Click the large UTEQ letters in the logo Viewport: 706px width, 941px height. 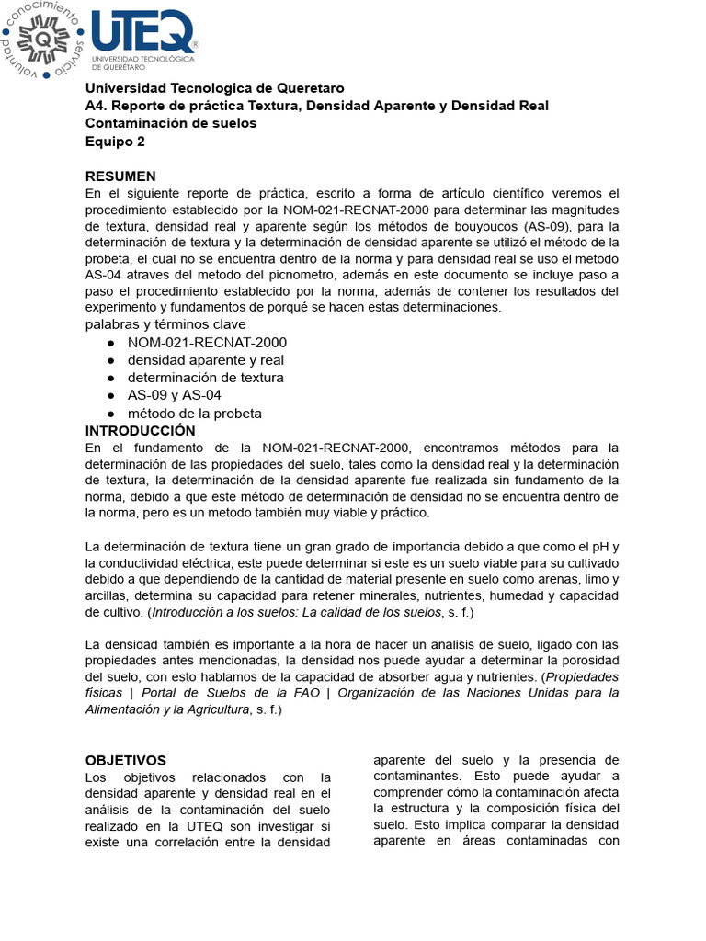143,34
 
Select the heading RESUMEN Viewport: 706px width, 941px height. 120,176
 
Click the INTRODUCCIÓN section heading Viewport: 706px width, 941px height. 141,430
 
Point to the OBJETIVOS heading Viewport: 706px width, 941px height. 126,760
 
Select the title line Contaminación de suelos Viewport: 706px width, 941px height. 171,123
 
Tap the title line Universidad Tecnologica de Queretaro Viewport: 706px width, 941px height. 215,88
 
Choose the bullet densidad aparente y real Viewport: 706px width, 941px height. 206,359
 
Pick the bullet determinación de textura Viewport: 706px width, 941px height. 205,377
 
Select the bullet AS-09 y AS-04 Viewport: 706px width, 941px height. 175,394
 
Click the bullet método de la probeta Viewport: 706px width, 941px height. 194,413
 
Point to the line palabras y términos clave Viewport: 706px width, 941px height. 165,323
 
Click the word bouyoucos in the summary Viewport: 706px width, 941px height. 488,226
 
